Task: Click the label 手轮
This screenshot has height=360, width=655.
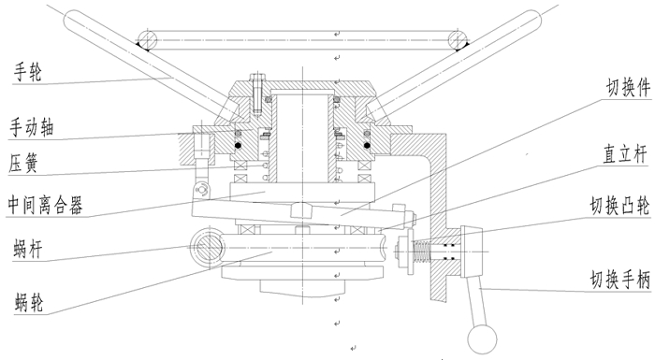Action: (28, 72)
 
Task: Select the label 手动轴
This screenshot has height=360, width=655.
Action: (32, 127)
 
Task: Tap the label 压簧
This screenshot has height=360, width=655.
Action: (23, 163)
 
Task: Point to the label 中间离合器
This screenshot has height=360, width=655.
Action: (45, 205)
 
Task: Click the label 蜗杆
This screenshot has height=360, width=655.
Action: (28, 250)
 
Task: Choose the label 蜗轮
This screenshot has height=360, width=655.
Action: (29, 302)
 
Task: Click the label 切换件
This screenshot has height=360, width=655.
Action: (629, 88)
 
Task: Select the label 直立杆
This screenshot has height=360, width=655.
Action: (625, 153)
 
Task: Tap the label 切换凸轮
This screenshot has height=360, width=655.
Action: (620, 206)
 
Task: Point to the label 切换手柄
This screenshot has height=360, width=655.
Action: (620, 279)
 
